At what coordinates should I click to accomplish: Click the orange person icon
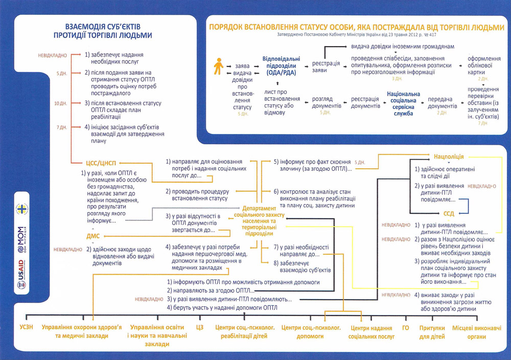(218, 66)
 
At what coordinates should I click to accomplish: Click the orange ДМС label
(94, 236)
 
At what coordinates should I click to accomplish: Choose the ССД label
(449, 213)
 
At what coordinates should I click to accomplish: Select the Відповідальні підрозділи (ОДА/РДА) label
(281, 66)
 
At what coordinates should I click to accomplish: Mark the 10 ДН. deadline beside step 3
(61, 103)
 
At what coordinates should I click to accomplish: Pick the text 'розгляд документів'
(326, 102)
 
